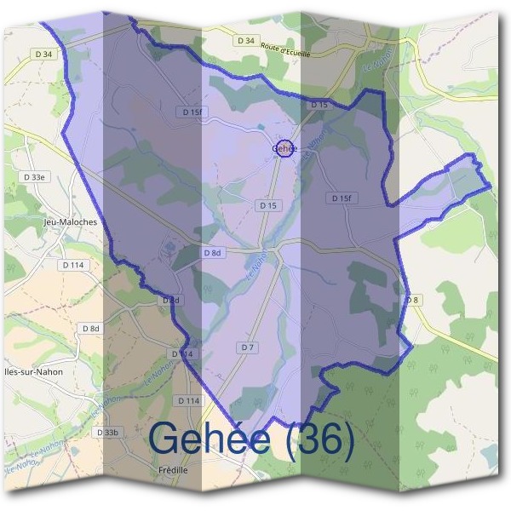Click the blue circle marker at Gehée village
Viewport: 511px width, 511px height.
coord(285,148)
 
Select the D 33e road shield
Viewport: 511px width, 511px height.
coord(35,176)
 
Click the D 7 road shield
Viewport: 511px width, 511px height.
coord(248,347)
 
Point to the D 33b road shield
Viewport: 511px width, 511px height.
coord(108,433)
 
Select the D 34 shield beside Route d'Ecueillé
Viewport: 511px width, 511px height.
coord(247,40)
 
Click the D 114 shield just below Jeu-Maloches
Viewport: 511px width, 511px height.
coord(74,265)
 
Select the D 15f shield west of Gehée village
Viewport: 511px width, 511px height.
coord(192,112)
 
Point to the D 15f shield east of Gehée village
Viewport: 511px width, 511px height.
coord(340,198)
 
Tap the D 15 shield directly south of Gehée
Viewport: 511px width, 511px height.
coord(267,205)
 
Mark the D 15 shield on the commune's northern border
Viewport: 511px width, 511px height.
coord(319,104)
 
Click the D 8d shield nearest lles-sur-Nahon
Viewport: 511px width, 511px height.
coord(91,328)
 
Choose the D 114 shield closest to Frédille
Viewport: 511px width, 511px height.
coord(188,400)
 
